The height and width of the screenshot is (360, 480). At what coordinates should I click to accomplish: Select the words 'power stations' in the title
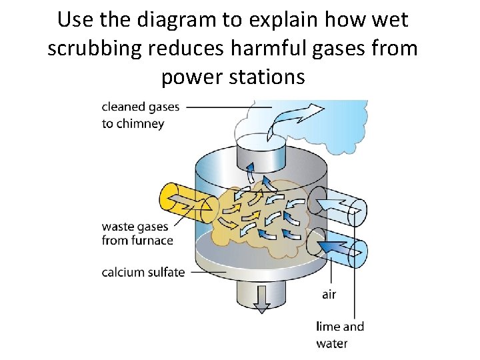click(x=233, y=77)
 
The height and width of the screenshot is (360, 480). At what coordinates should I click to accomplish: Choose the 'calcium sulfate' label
click(x=143, y=272)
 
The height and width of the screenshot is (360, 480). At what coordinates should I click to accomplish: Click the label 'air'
click(x=329, y=294)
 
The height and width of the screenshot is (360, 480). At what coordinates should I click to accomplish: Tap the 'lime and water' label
click(x=340, y=335)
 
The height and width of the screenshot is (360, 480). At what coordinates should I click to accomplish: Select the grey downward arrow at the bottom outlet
click(x=261, y=299)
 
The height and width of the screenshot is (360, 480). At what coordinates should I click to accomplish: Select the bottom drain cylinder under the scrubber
click(x=261, y=290)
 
